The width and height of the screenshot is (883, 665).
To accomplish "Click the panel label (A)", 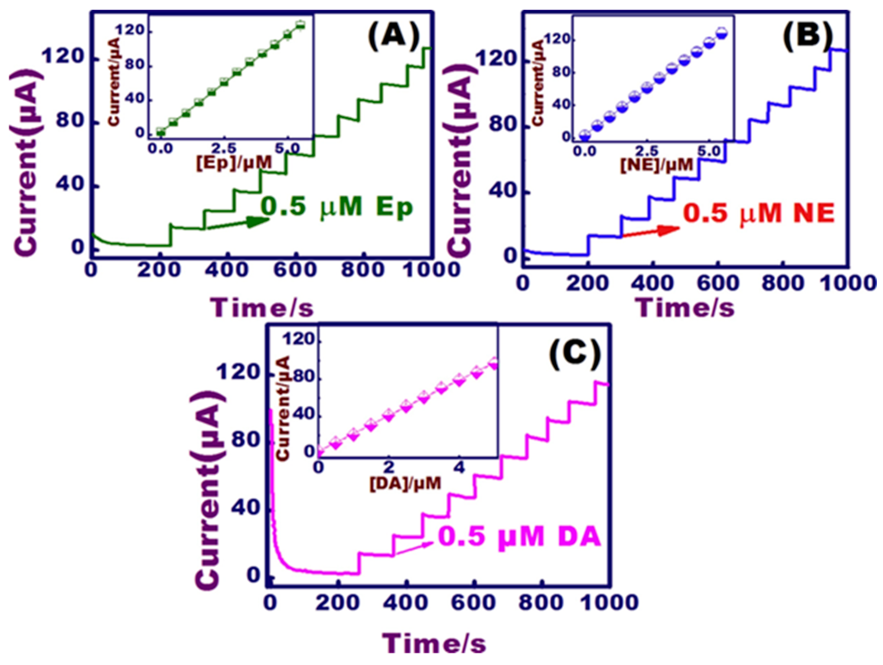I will point(394,37).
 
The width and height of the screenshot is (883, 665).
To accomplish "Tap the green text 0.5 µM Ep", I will point(337,208).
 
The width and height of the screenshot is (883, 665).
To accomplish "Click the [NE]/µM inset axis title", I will point(657,165).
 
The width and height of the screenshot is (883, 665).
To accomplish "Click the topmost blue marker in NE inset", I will point(721,33).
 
